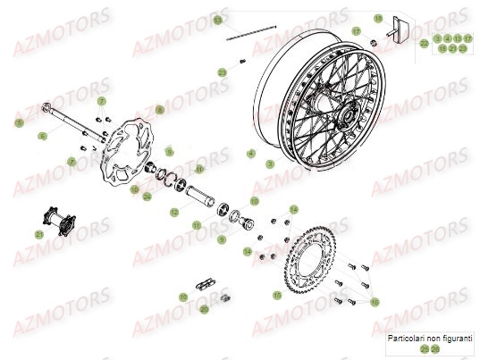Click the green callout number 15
[x=277, y=294]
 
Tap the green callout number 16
[x=375, y=303]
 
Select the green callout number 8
[x=160, y=110]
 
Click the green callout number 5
[x=17, y=122]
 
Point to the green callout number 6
[x=41, y=136]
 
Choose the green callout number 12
[x=175, y=212]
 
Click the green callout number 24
[x=147, y=197]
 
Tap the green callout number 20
[x=205, y=309]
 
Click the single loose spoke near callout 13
[x=248, y=34]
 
